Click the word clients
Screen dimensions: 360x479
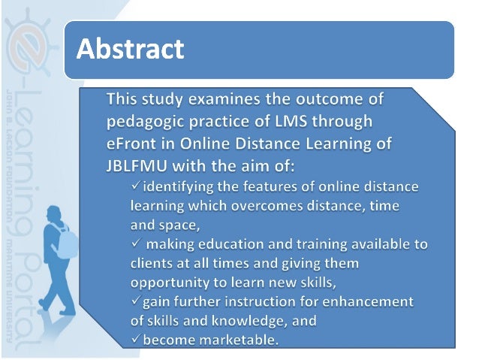click(153, 263)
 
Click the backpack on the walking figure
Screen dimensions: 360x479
click(68, 241)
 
